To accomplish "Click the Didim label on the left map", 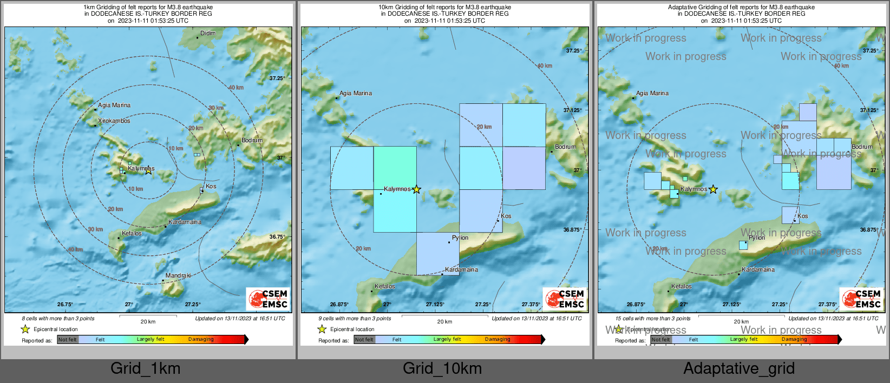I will click(x=208, y=34).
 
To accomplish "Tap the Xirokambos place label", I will click(x=114, y=121).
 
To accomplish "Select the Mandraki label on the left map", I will click(x=178, y=276).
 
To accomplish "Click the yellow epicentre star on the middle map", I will click(x=416, y=189).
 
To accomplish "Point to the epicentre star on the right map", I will click(x=714, y=189).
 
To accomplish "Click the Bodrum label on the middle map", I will click(x=565, y=147).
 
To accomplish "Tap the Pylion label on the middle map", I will click(x=460, y=238).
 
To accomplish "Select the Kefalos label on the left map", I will click(x=132, y=234).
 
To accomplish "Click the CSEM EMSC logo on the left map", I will click(x=269, y=299).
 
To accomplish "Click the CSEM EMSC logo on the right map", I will click(x=862, y=299).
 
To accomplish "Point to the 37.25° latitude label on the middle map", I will click(x=573, y=51).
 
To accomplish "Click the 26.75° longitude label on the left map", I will click(x=65, y=305).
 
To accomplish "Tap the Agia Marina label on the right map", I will click(x=652, y=94).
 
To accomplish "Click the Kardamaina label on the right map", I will click(x=758, y=270).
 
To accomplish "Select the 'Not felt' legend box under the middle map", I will click(x=364, y=340).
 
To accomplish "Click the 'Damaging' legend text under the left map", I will click(x=201, y=340).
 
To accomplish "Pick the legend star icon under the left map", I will click(x=25, y=329).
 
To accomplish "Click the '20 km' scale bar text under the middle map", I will click(x=444, y=322).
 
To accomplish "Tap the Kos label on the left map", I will click(x=211, y=187).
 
